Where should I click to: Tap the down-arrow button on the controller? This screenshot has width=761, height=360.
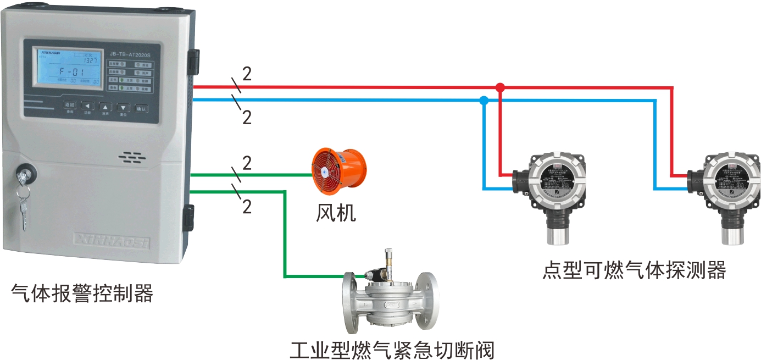pos(124,107)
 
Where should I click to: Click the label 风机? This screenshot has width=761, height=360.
pos(336,213)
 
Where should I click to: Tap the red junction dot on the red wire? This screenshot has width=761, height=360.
pos(499,87)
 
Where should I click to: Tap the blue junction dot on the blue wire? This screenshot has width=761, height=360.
pos(484,101)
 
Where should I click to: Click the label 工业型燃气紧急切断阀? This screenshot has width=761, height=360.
pos(392,348)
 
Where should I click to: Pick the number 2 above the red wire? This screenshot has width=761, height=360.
pos(247,74)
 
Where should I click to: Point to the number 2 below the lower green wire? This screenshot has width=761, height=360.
pos(247,207)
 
